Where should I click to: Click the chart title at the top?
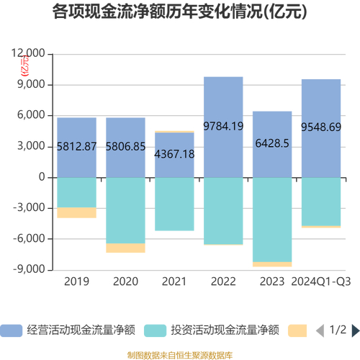(180, 12)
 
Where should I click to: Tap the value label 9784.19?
(223, 126)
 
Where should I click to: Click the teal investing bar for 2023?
(272, 220)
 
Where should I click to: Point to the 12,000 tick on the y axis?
(30, 54)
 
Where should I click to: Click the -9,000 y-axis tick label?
(30, 269)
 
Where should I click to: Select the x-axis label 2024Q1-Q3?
(321, 281)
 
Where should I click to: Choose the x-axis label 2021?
(174, 281)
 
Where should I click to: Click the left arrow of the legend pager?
(320, 310)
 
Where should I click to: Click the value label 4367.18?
(174, 154)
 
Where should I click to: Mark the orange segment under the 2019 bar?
(77, 212)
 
